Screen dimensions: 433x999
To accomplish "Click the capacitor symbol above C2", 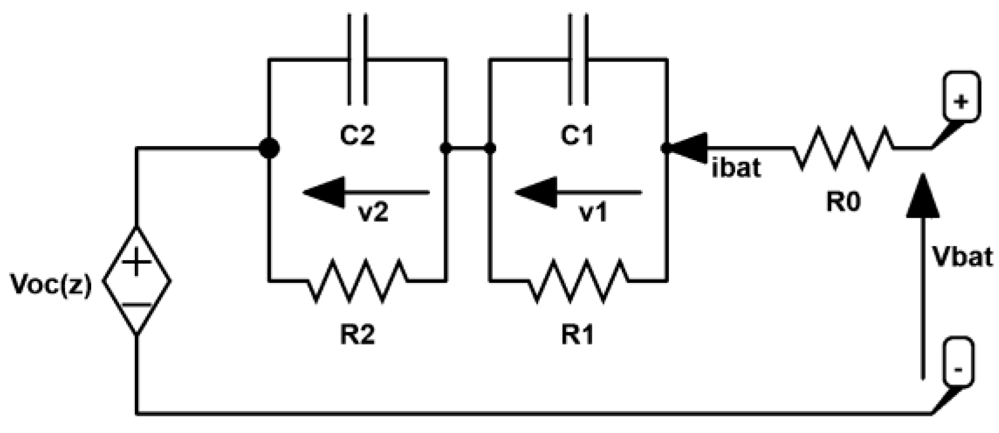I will point(357,58).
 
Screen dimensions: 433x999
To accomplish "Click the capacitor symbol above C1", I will point(578,58).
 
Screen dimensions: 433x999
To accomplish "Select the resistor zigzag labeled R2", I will point(357,281).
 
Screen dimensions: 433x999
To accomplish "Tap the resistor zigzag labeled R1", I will point(578,281).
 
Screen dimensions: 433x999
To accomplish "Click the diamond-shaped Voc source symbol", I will point(137,281).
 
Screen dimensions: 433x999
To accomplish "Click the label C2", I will point(357,136).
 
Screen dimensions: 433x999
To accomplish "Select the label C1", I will point(578,136).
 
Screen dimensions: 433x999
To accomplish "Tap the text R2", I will point(357,335).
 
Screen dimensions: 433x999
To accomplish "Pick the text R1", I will point(578,335).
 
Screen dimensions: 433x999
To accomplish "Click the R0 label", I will point(843,202).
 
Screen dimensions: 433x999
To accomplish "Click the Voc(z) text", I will point(52,286).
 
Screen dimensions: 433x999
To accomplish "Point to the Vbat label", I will point(962,256).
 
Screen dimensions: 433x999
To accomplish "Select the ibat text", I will point(736,168).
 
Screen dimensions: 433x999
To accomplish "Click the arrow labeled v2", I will point(366,192).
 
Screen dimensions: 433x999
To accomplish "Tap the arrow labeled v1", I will point(578,192).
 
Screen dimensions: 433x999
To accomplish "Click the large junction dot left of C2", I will point(268,148).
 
